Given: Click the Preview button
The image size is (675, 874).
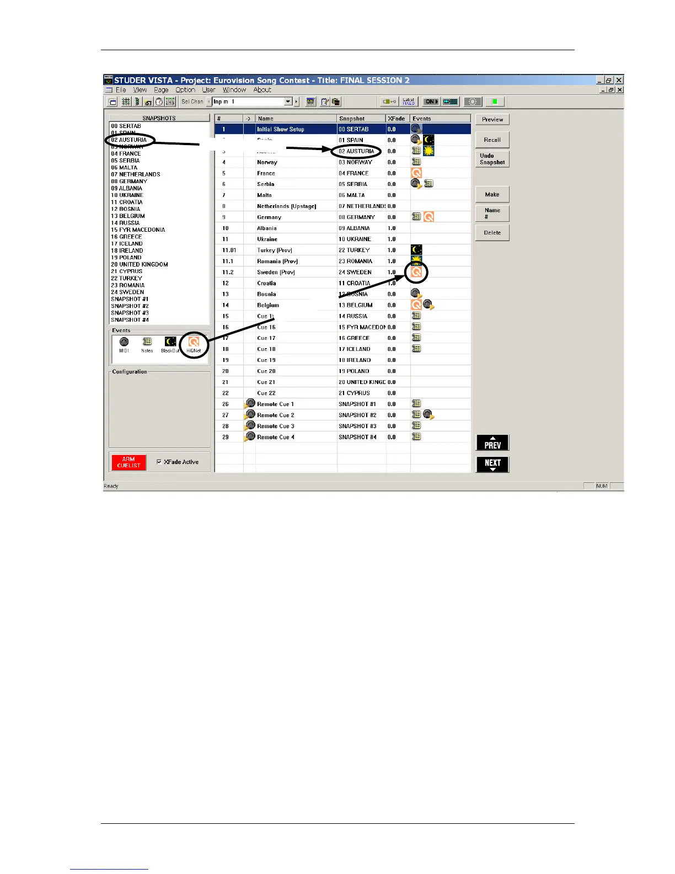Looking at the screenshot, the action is [492, 119].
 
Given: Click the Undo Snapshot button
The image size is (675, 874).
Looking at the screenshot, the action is [492, 159].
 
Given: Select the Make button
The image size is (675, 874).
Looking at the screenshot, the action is [492, 194].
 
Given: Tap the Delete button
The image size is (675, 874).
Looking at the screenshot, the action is [492, 232].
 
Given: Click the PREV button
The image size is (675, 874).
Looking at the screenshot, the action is [492, 443].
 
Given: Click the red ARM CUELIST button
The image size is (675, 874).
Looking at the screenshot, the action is [128, 462].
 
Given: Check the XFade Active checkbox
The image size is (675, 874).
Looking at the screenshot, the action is [159, 462].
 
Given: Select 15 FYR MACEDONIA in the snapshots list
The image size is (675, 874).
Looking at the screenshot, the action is [138, 230].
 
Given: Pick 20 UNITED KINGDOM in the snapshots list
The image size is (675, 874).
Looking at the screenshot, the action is [139, 264].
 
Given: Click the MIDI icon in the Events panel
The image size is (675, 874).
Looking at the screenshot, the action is [124, 343].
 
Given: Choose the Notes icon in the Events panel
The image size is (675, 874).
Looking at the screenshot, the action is [147, 343].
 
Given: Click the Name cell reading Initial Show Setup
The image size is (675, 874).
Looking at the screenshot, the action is [280, 129].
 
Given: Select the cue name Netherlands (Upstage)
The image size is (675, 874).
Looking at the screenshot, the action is [286, 206].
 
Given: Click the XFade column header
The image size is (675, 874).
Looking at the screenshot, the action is [397, 119].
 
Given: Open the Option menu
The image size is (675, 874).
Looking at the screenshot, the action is [185, 90].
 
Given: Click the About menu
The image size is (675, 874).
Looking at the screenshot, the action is [262, 90].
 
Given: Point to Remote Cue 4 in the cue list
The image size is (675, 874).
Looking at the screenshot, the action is [275, 437].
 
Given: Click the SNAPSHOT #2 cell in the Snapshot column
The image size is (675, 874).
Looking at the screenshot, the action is [357, 415].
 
